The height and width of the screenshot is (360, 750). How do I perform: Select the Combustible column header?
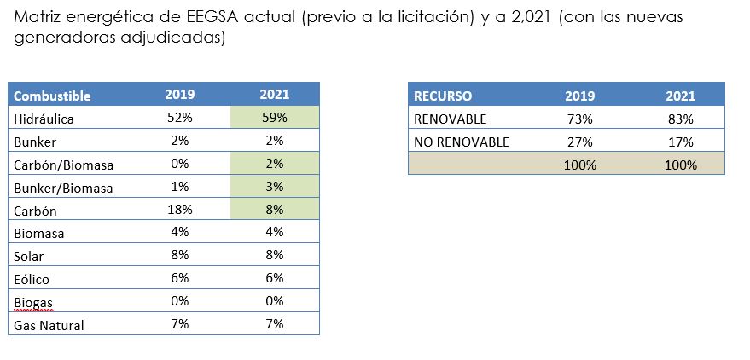coord(52,96)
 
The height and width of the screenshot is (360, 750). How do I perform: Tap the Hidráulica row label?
coord(44,119)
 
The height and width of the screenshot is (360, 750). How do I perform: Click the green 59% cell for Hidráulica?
coord(274,118)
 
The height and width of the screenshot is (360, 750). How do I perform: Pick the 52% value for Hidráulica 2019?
coord(179,118)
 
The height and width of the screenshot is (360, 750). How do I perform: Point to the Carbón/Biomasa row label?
coord(64,165)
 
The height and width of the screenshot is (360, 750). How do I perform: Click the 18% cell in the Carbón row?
coord(179,209)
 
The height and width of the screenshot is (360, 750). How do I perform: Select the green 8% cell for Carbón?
coord(274,209)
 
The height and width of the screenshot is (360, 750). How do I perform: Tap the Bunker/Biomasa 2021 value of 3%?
coord(274,186)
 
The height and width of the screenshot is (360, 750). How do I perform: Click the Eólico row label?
coord(32,279)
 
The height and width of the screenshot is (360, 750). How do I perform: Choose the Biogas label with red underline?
coord(34,302)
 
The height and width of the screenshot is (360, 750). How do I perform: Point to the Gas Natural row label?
coord(49,325)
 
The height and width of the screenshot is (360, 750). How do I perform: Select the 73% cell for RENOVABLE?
coord(579,119)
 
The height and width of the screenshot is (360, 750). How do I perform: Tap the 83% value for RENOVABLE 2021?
coord(681,119)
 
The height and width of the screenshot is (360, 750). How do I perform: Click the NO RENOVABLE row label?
coord(461,142)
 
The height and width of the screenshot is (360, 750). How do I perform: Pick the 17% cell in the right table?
coord(681,142)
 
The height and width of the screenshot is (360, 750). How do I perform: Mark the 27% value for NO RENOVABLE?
coord(579,142)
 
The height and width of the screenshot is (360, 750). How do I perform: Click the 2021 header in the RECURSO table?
coord(681,96)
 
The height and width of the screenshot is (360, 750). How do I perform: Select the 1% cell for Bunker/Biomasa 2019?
coord(179,186)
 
